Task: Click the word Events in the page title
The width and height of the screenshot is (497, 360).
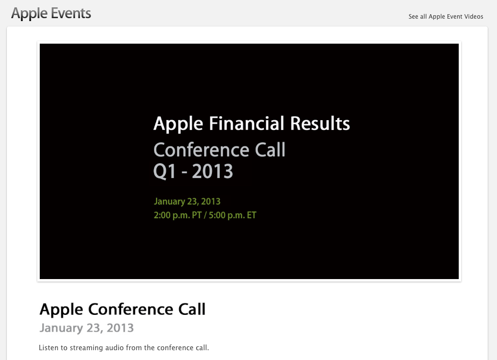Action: click(71, 13)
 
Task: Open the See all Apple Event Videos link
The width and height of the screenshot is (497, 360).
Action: click(445, 17)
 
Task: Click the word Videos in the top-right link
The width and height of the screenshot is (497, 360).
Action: click(473, 17)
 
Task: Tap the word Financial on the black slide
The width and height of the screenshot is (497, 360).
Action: click(246, 123)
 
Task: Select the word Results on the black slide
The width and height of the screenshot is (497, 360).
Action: click(320, 123)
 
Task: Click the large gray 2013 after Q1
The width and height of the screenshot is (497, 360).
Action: click(212, 172)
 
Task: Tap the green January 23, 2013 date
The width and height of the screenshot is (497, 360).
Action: click(187, 202)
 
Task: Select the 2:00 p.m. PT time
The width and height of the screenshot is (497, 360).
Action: click(178, 215)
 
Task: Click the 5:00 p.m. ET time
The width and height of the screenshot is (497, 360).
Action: click(233, 215)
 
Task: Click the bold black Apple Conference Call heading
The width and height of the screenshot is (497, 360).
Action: click(122, 309)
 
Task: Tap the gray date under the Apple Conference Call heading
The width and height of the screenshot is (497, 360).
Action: click(86, 328)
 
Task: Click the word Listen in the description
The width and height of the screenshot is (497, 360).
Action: click(48, 348)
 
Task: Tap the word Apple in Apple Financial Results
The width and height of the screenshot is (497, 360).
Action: click(178, 124)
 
